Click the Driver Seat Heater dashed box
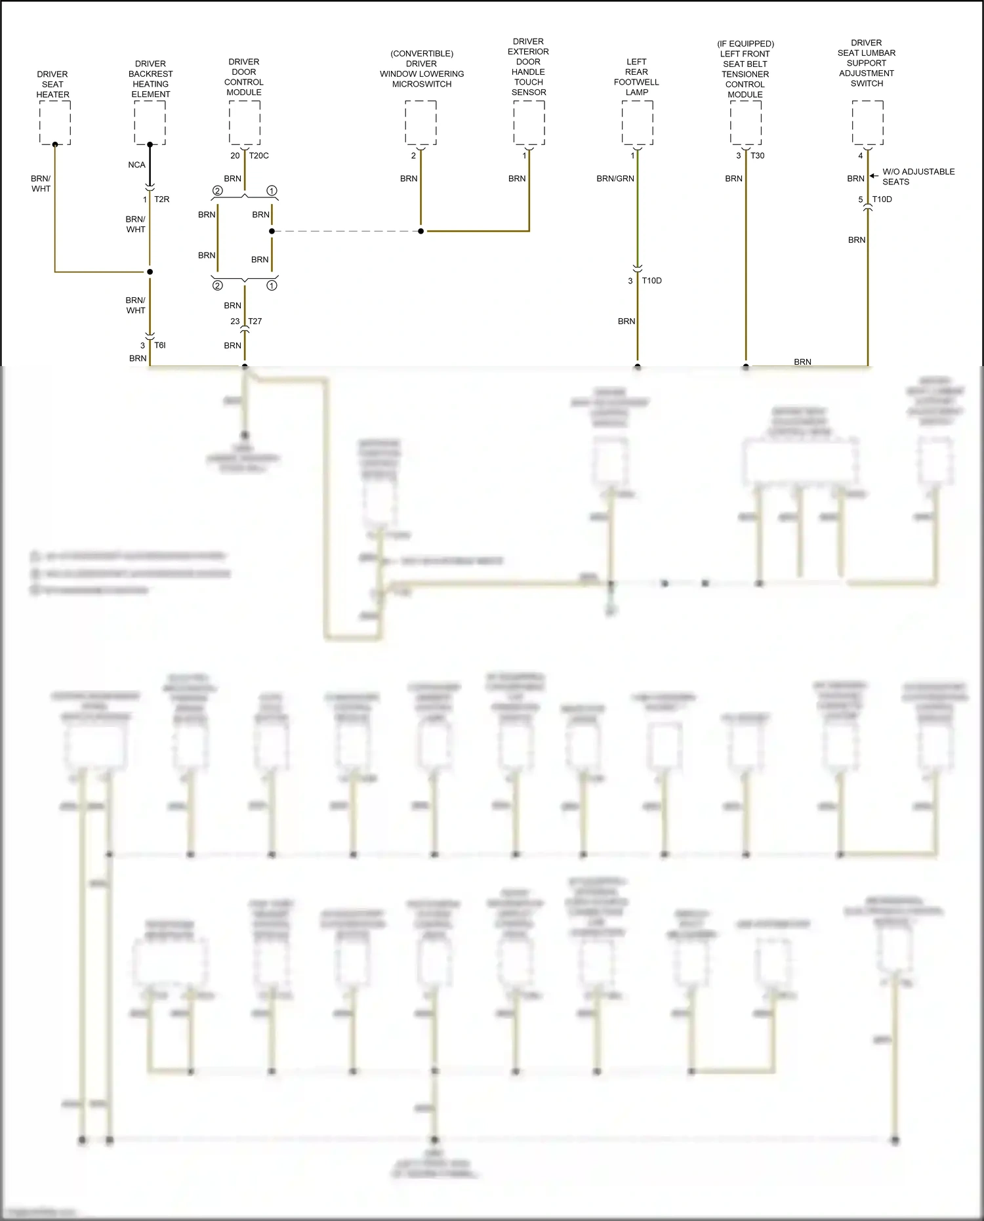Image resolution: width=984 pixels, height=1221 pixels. point(55,123)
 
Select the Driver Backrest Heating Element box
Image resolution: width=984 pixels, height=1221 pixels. point(150,123)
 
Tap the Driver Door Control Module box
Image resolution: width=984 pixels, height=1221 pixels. point(245,122)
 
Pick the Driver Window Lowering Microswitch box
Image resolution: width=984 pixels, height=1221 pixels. point(420,123)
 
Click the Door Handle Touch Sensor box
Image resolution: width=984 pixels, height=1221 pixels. point(529,123)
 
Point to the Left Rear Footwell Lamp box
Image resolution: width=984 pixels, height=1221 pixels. point(637,123)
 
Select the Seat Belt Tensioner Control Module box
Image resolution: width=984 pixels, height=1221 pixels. point(746,123)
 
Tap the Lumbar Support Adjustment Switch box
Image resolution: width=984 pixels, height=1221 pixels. point(867,123)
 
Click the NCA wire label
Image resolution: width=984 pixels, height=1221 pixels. point(136,165)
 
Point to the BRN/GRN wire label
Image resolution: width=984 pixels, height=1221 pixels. point(615,178)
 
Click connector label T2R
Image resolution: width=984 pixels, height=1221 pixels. point(161,199)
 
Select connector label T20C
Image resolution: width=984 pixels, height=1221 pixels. point(258,155)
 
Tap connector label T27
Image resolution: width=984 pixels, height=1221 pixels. point(255,321)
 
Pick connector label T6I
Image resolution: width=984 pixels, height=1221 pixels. point(159,345)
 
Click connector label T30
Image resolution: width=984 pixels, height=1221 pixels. point(757,155)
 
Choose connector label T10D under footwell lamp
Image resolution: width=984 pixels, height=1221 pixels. point(651,281)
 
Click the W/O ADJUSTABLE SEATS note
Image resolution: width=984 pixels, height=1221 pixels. point(918,176)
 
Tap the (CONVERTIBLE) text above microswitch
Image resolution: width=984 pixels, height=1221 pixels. point(422,54)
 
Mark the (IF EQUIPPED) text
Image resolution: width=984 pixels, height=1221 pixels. point(745,44)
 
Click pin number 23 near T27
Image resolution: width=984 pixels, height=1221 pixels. point(235,321)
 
